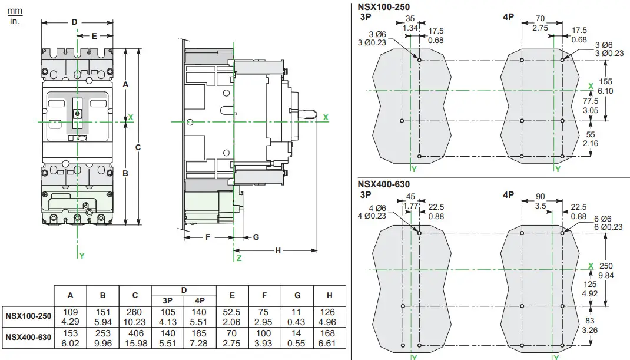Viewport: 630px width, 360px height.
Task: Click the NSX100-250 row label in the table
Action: click(27, 316)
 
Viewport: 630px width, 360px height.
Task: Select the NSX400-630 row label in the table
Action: click(27, 338)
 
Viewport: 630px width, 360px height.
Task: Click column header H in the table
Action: click(329, 295)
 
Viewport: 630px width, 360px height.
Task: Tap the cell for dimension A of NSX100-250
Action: click(71, 316)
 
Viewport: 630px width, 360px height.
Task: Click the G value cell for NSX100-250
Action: click(297, 316)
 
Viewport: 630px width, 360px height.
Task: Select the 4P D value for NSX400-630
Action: click(200, 338)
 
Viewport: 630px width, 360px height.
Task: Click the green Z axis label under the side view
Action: click(238, 257)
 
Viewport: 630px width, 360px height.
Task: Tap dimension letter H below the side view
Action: click(278, 250)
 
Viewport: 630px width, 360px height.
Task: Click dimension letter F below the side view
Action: click(207, 237)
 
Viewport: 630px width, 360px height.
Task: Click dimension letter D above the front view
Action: click(74, 22)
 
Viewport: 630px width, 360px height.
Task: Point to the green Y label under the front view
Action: click(81, 256)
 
